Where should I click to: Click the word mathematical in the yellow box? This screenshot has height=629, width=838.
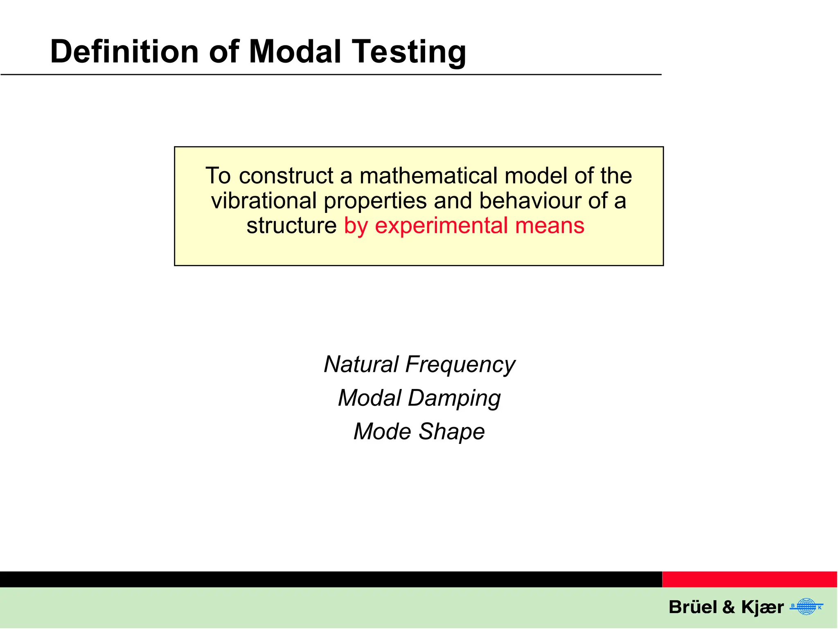(x=428, y=176)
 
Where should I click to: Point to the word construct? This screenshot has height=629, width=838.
(x=286, y=176)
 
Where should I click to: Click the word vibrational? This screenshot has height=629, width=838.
(x=264, y=201)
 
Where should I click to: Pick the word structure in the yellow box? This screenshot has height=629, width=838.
(x=291, y=226)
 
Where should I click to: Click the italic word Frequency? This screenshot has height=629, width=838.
(x=460, y=364)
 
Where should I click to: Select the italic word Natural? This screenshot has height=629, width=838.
(x=361, y=364)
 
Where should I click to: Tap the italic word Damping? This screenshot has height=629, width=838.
(x=454, y=398)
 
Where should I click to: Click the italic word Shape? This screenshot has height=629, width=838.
(x=452, y=432)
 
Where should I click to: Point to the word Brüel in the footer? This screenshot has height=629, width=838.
(x=692, y=607)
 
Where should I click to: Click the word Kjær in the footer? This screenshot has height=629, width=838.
(x=762, y=607)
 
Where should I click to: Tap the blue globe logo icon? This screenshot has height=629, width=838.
(x=806, y=606)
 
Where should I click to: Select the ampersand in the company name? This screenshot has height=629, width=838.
(x=729, y=607)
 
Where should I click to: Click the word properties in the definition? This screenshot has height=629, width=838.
(x=375, y=201)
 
